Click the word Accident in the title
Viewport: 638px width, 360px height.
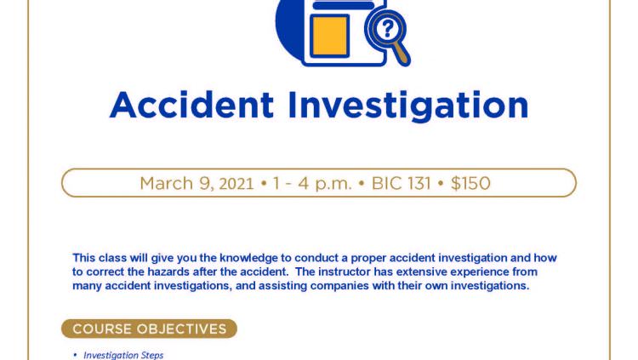click(x=191, y=105)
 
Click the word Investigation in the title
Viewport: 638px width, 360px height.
click(x=408, y=106)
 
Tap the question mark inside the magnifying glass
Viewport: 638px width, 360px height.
click(x=387, y=28)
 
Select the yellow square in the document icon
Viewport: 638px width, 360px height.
click(x=329, y=36)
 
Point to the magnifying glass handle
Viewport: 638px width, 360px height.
click(x=401, y=54)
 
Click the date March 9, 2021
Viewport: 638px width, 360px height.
click(x=197, y=184)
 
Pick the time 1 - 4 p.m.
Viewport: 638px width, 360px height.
click(x=312, y=184)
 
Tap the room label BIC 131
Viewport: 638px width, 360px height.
click(x=401, y=183)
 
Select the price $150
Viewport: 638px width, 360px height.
click(x=470, y=183)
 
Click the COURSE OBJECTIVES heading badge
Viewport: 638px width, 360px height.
click(x=150, y=329)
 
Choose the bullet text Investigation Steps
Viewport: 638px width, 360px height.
click(x=123, y=355)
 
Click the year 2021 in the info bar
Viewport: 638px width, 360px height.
click(x=236, y=184)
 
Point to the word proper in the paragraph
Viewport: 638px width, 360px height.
click(x=368, y=258)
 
